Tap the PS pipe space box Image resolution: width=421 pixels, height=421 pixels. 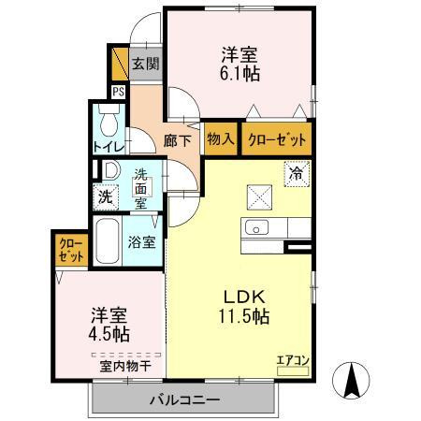(x=118, y=92)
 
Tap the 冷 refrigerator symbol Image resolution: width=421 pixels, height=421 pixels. (x=296, y=172)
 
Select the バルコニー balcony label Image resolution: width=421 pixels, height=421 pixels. (x=184, y=400)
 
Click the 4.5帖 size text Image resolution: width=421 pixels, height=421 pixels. (x=109, y=332)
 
